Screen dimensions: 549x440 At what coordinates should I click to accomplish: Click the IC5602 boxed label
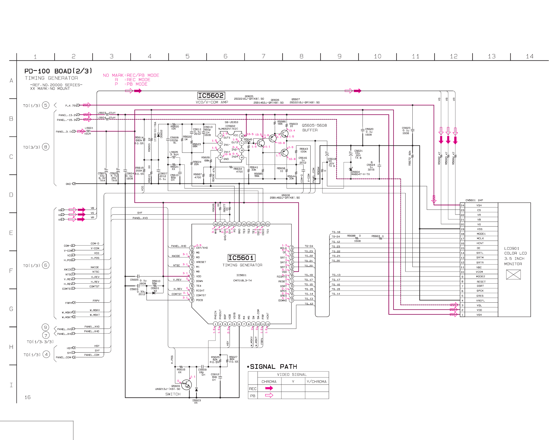tap(211, 95)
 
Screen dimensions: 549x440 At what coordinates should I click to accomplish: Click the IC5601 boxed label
tap(241, 258)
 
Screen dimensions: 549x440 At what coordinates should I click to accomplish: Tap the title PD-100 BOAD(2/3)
tap(58, 71)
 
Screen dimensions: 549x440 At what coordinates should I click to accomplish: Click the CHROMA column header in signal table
tap(269, 382)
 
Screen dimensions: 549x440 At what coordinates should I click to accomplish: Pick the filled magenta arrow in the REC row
tap(269, 388)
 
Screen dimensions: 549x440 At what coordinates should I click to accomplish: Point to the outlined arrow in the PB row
tap(269, 395)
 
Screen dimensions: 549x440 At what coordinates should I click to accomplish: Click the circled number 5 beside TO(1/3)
tap(46, 105)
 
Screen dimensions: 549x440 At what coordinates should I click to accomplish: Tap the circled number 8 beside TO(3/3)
tap(46, 147)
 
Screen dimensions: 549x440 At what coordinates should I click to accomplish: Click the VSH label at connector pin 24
tap(479, 205)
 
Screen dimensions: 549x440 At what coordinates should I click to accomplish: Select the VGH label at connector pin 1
tap(479, 315)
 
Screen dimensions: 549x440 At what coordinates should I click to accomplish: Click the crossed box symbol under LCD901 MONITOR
tap(513, 274)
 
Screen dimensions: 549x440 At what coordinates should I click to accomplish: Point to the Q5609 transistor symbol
tap(186, 385)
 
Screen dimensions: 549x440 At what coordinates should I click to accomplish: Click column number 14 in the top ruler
tap(529, 56)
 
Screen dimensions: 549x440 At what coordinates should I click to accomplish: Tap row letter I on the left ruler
tap(11, 385)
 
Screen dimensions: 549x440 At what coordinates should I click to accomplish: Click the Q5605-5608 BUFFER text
tap(314, 128)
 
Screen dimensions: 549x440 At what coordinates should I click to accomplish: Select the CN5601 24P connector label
tap(474, 200)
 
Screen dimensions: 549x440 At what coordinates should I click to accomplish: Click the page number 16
tap(27, 397)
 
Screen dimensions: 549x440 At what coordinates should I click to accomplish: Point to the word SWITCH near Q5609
tap(173, 394)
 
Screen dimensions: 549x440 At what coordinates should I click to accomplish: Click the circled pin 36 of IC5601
tap(215, 224)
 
